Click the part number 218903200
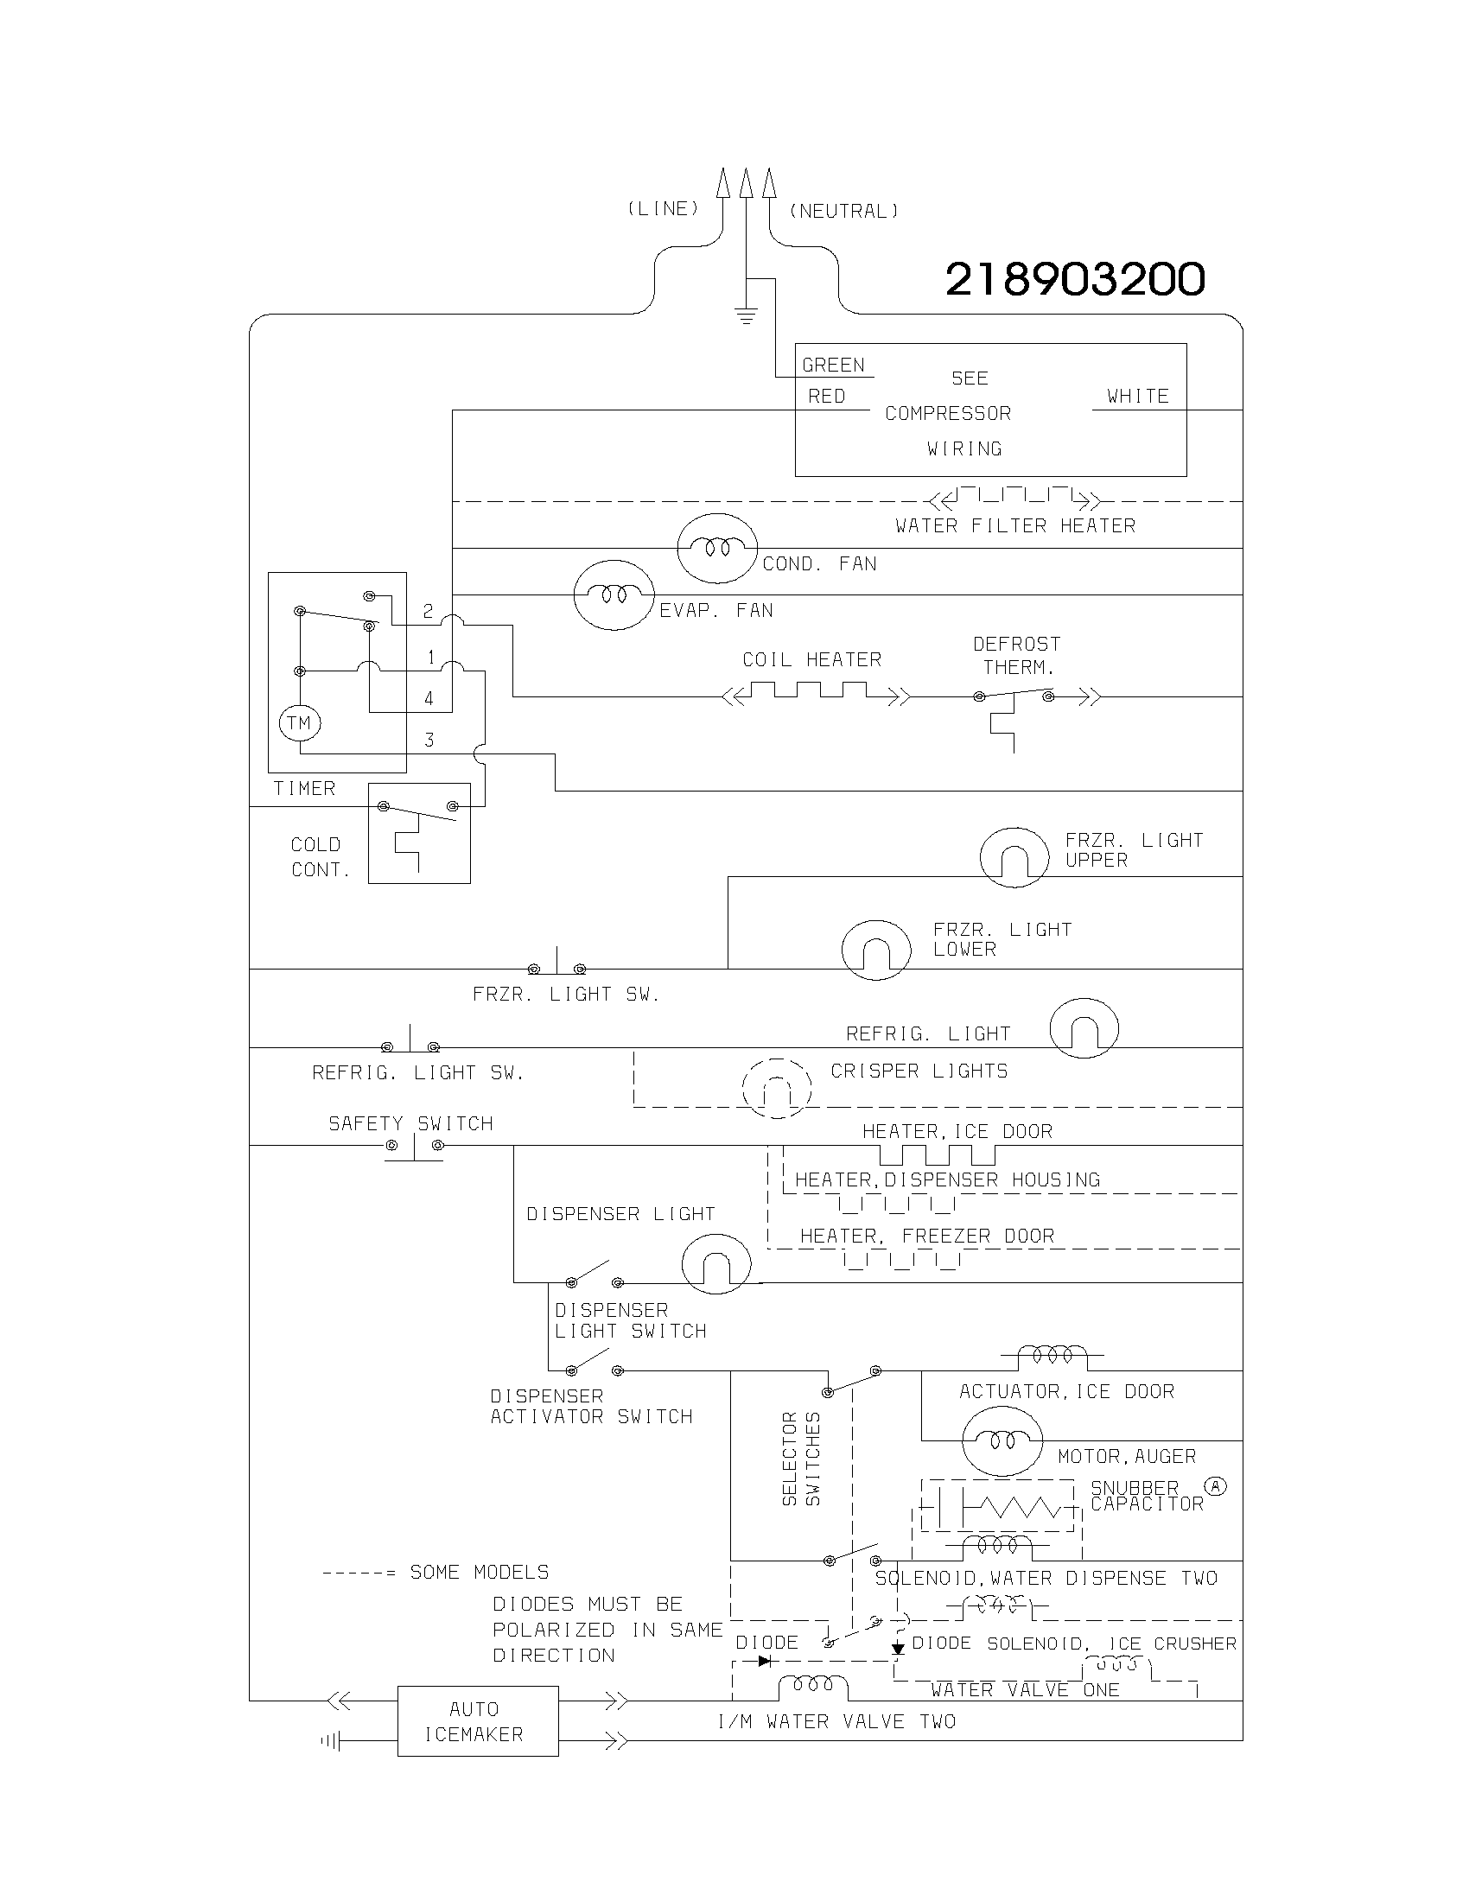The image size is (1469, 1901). [x=1075, y=279]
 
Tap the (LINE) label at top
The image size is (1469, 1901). [x=663, y=209]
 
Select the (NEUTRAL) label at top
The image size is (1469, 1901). [x=843, y=212]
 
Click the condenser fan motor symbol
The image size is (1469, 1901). [x=716, y=548]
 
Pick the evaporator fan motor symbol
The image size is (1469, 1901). [x=613, y=594]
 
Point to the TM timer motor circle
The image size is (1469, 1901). [x=299, y=722]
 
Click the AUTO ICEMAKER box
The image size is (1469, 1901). [x=477, y=1720]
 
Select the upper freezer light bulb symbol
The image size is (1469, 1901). [x=1014, y=857]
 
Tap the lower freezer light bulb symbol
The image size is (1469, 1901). [x=875, y=950]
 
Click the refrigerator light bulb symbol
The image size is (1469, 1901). [x=1084, y=1028]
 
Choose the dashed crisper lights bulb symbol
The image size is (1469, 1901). [x=776, y=1088]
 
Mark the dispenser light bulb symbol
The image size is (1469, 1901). [x=715, y=1265]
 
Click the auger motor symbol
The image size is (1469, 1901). [x=1002, y=1440]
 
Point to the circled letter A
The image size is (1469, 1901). [x=1215, y=1486]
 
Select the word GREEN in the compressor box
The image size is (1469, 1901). [x=833, y=366]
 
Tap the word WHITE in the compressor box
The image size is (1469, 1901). [x=1137, y=397]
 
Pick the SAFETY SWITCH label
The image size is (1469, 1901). [x=410, y=1123]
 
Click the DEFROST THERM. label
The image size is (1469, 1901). [x=1016, y=656]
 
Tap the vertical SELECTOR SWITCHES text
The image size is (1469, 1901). [x=801, y=1459]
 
